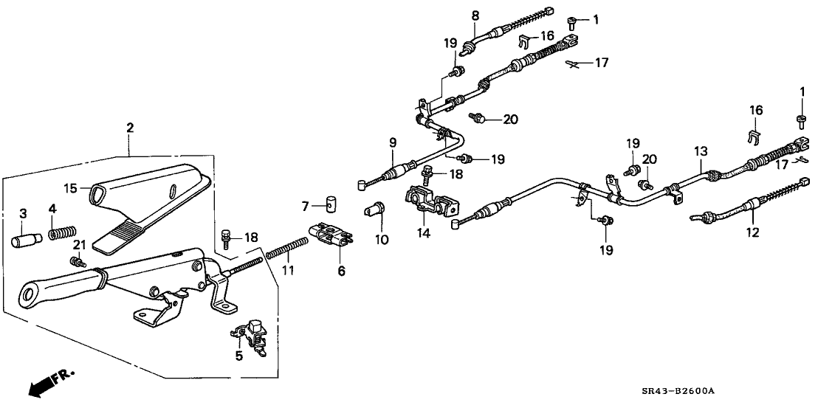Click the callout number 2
[130, 128]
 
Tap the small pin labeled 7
[331, 203]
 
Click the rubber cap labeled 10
[376, 210]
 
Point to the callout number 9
[393, 142]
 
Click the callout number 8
[475, 15]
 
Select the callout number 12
[752, 233]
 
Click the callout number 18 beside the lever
[252, 237]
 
